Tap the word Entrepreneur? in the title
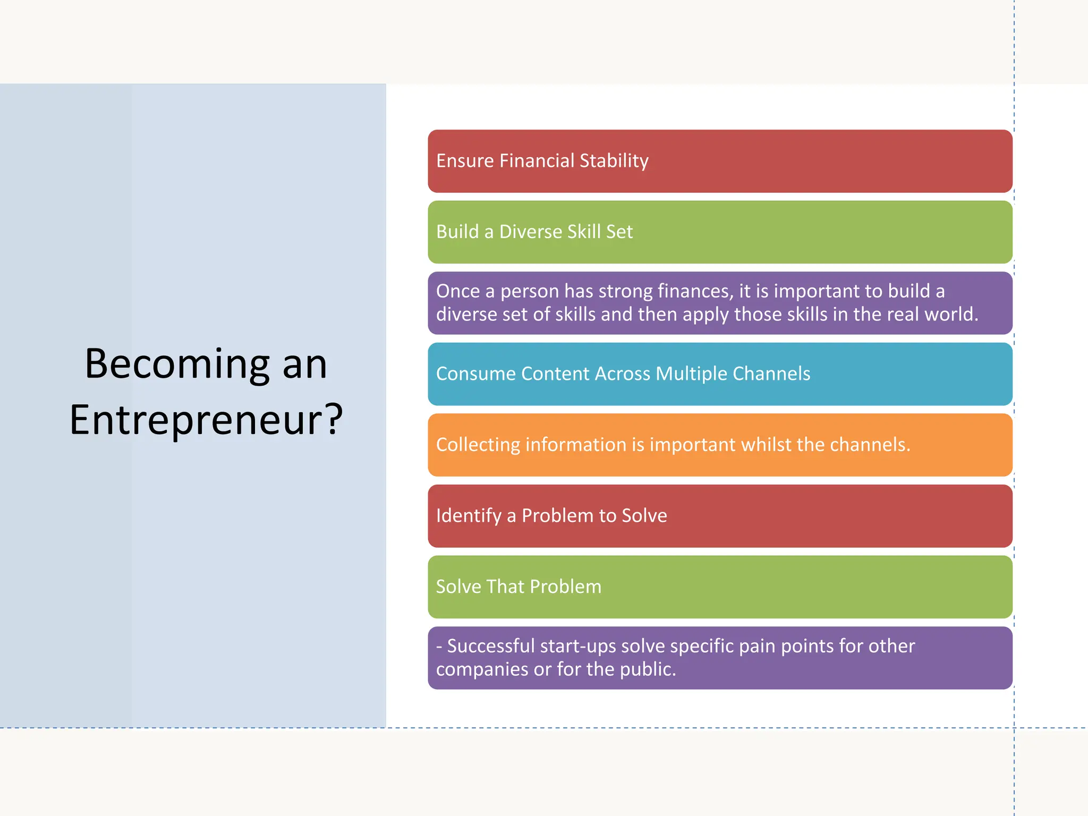click(206, 420)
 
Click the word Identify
click(469, 516)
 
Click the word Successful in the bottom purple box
click(490, 646)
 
